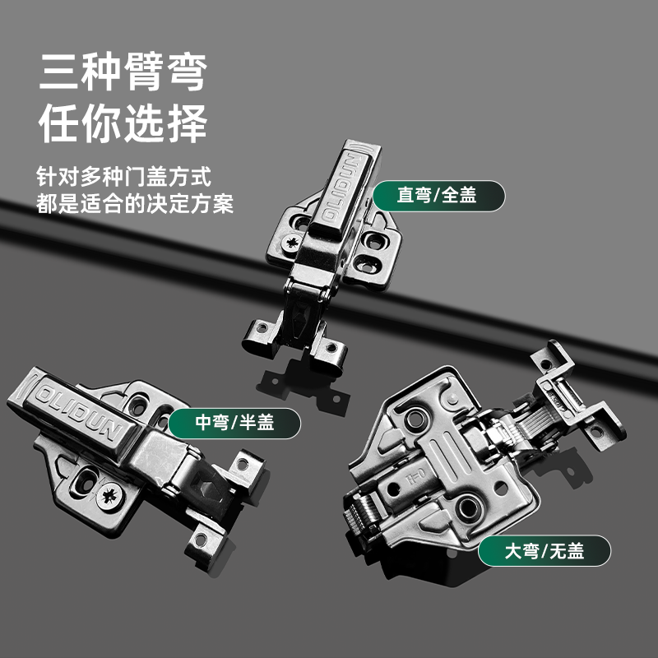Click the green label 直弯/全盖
click(x=439, y=196)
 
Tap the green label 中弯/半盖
click(x=234, y=423)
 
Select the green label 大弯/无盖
click(x=544, y=550)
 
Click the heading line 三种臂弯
click(x=123, y=72)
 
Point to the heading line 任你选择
click(x=123, y=123)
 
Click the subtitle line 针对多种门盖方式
click(x=123, y=176)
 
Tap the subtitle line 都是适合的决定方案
click(x=134, y=204)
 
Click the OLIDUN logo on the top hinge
click(x=344, y=188)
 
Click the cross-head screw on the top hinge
click(x=292, y=243)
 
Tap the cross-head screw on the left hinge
click(x=109, y=496)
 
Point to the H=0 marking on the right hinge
click(x=416, y=477)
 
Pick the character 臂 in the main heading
click(x=144, y=72)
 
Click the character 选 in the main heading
click(x=144, y=123)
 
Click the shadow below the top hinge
click(x=303, y=388)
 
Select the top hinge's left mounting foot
click(x=261, y=335)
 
